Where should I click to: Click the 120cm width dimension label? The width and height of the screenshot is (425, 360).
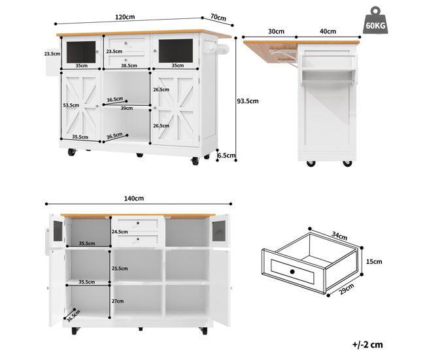(125, 17)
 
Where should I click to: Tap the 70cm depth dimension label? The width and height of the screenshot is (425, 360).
(218, 18)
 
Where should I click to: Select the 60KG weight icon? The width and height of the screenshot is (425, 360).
(375, 21)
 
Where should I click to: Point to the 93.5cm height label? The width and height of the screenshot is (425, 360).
(248, 101)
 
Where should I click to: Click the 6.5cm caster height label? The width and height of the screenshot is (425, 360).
(227, 155)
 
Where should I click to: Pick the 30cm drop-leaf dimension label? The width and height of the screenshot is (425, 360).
(276, 31)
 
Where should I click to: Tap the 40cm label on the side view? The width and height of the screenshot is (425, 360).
(328, 31)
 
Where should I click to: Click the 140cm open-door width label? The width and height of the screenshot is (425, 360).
(134, 198)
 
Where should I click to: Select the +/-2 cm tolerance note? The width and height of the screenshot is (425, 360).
(367, 344)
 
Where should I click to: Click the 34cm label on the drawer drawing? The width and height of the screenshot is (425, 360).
(339, 236)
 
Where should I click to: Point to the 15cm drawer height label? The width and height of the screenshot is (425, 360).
(374, 262)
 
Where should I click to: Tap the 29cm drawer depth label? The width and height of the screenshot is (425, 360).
(347, 289)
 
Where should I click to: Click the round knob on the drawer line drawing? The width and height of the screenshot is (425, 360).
(292, 271)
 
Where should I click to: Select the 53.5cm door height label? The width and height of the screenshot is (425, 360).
(71, 105)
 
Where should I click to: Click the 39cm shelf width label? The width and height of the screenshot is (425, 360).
(127, 108)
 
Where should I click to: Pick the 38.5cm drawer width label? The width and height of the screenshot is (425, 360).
(129, 65)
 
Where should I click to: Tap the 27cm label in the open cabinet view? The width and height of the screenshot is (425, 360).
(118, 301)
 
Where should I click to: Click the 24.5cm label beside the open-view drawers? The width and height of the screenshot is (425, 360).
(120, 231)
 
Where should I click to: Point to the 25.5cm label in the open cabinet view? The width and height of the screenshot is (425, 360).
(120, 269)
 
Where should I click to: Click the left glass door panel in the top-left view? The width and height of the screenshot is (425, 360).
(81, 52)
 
